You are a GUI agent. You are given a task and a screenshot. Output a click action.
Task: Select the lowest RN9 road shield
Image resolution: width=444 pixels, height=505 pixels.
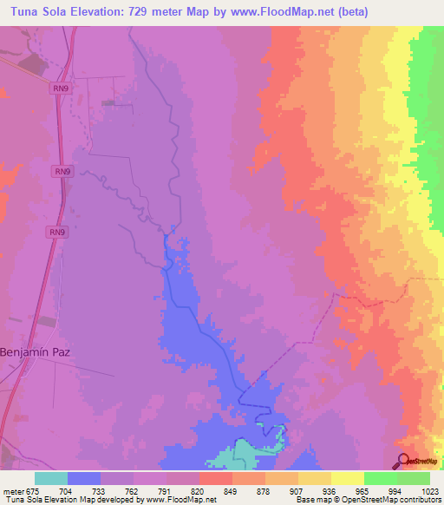57,233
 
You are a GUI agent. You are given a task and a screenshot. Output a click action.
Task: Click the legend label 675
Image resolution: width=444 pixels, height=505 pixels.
34,490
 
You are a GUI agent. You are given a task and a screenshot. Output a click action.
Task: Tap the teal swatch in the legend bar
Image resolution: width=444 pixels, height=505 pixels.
51,478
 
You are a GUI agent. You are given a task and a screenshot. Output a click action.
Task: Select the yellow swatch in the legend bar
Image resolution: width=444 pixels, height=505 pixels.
348,478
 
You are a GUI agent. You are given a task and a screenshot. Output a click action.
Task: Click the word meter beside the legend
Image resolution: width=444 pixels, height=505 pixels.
12,490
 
